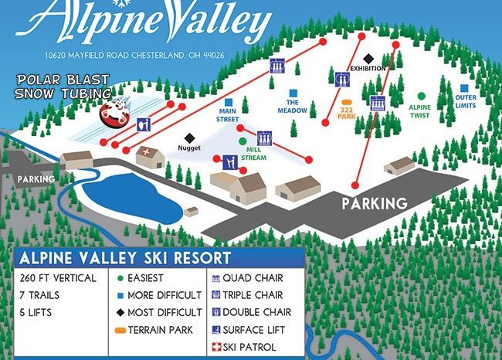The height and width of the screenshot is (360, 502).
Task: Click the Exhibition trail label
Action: click(366, 68)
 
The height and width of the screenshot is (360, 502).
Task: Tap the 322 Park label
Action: click(345, 113)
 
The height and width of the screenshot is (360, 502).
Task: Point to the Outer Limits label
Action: click(465, 100)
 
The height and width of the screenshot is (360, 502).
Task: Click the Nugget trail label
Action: click(188, 147)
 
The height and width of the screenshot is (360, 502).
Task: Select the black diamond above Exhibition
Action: click(368, 57)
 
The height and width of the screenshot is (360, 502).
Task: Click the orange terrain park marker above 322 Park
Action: click(347, 101)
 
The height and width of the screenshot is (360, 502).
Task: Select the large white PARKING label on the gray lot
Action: click(375, 204)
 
